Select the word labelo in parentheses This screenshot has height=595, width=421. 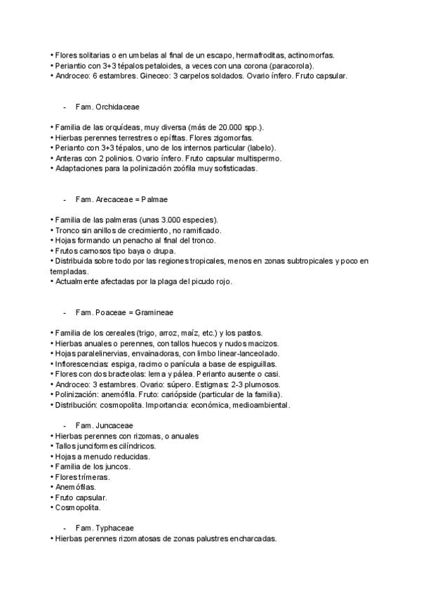click(265, 148)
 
